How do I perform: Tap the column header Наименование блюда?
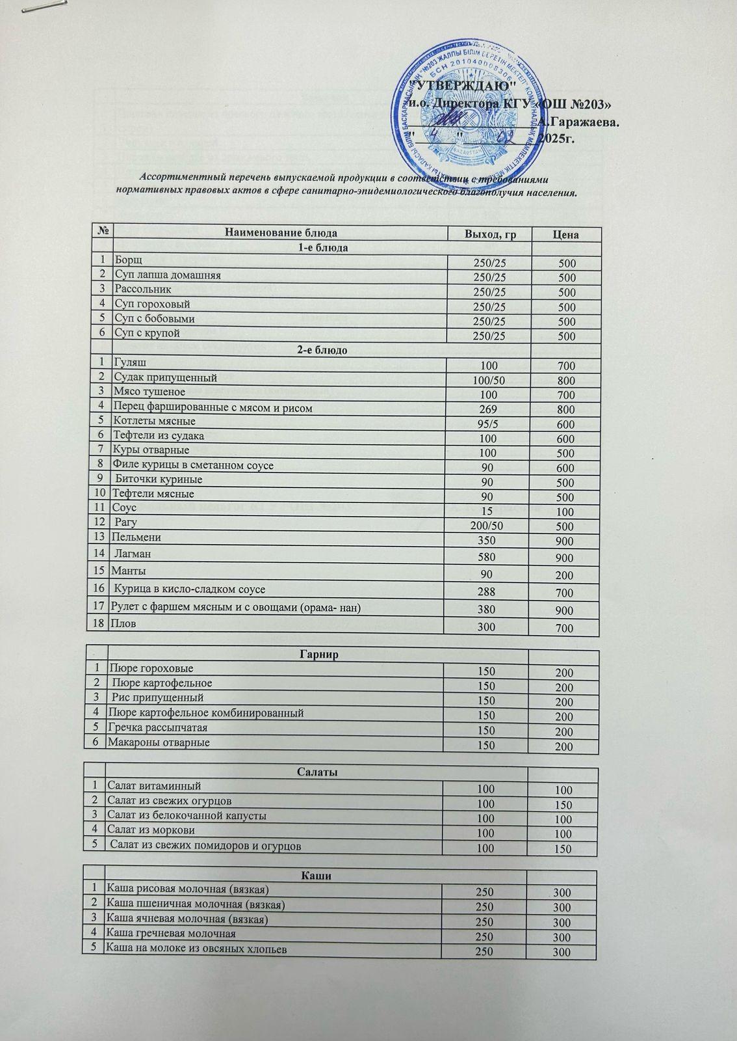pyautogui.click(x=281, y=233)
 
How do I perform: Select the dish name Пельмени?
pyautogui.click(x=136, y=537)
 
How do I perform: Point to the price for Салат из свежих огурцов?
pyautogui.click(x=563, y=804)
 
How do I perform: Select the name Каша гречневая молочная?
pyautogui.click(x=171, y=934)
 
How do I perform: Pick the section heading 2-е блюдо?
pyautogui.click(x=322, y=350)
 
